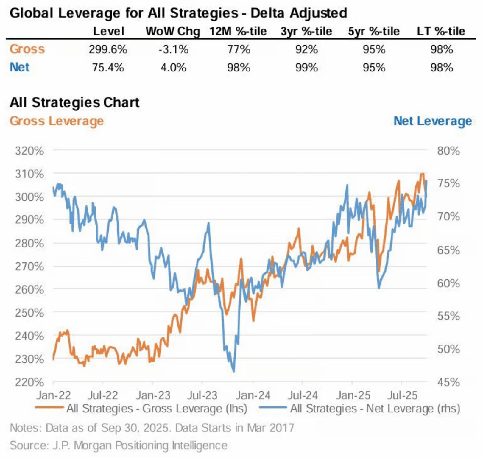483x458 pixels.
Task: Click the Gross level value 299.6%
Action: (108, 49)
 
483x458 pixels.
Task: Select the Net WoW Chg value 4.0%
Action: (173, 68)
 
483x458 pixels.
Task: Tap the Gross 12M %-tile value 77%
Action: (239, 49)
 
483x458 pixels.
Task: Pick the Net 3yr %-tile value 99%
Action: (306, 68)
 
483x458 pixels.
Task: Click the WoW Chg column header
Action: (173, 31)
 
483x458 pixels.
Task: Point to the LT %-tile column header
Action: (441, 31)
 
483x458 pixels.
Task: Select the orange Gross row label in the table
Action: (27, 49)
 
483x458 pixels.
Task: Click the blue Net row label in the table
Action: (19, 67)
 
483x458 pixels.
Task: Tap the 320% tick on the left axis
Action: (29, 151)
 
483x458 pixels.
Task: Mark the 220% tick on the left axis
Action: (29, 382)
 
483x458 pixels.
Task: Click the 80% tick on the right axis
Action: (448, 151)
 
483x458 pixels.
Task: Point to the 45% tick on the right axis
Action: (448, 382)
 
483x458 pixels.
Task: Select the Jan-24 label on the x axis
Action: (253, 395)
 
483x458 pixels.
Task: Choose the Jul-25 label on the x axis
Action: (402, 395)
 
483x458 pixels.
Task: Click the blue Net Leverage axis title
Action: (432, 121)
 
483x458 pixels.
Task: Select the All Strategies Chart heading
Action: (74, 102)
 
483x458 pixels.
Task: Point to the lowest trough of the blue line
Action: (234, 371)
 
